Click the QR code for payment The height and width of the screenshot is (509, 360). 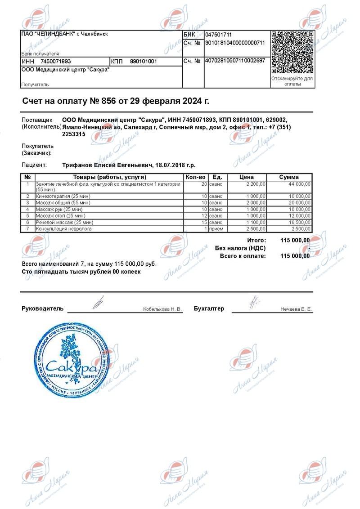click(292, 52)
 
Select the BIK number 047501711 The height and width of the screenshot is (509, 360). click(219, 35)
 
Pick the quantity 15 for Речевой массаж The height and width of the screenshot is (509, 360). click(204, 223)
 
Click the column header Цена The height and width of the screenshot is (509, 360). click(247, 177)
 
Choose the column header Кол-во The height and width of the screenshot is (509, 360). click(196, 177)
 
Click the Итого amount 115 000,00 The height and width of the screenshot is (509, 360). click(295, 241)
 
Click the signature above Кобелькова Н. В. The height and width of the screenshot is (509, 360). click(98, 302)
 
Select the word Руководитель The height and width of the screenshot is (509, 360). click(43, 309)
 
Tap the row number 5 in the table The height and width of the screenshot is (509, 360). click(28, 216)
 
